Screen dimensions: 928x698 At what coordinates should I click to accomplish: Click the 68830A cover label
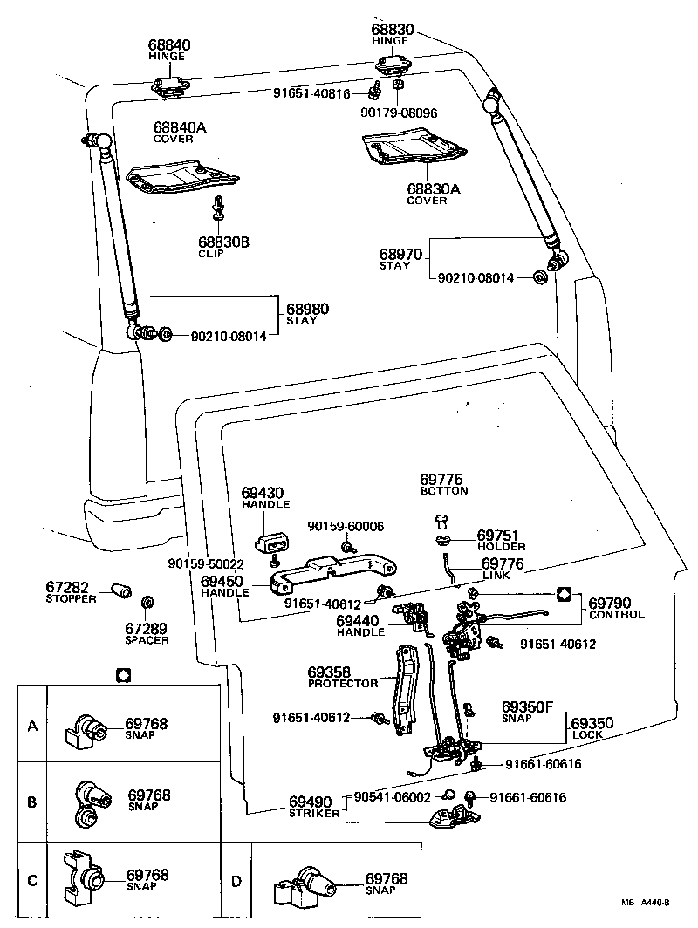pyautogui.click(x=427, y=188)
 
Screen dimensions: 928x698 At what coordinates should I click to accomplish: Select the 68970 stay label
pyautogui.click(x=400, y=255)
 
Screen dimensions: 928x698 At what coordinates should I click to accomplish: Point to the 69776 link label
pyautogui.click(x=503, y=564)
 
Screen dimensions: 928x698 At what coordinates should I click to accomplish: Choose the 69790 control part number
pyautogui.click(x=610, y=602)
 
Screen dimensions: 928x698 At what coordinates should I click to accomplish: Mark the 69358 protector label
pyautogui.click(x=328, y=672)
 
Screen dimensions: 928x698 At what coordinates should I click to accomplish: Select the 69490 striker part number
pyautogui.click(x=311, y=802)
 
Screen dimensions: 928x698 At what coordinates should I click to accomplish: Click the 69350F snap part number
pyautogui.click(x=527, y=706)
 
